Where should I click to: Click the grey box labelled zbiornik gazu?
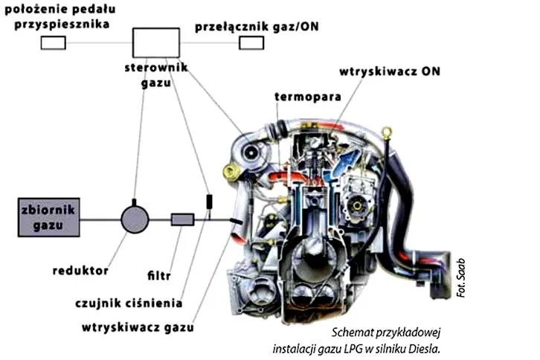tap(49, 217)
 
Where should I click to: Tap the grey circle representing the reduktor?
tap(135, 219)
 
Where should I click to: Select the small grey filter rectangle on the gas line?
tap(182, 219)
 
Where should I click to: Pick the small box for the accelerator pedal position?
tap(54, 43)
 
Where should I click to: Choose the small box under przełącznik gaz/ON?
tap(251, 43)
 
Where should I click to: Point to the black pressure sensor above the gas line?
tap(209, 202)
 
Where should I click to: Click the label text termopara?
tap(308, 97)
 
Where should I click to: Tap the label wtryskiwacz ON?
tap(390, 71)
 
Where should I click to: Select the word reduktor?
tap(80, 271)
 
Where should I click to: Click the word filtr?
tap(159, 275)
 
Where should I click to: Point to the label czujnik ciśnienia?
tap(129, 303)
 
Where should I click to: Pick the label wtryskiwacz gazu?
tap(138, 327)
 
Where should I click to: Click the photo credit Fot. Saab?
tap(461, 278)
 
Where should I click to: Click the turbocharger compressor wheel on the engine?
tap(251, 152)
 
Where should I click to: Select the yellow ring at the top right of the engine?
tap(388, 132)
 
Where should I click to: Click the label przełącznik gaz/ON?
tap(257, 27)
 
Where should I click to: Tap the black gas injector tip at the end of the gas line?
tap(237, 222)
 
